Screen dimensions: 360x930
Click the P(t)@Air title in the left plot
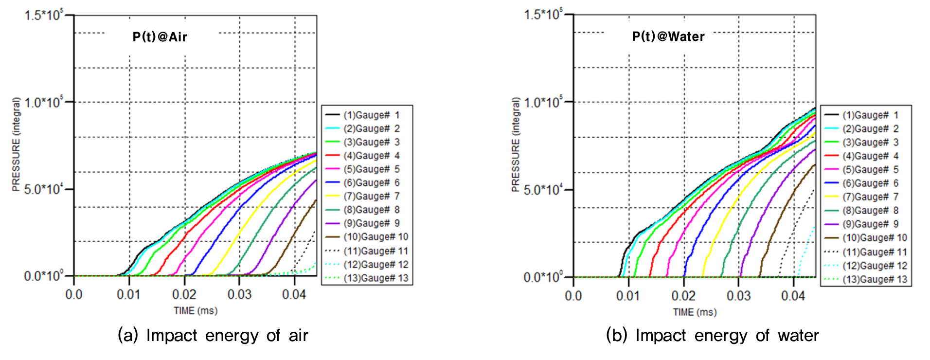tap(160, 37)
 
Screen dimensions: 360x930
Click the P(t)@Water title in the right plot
tap(668, 37)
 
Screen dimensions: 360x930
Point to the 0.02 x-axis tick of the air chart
tap(184, 295)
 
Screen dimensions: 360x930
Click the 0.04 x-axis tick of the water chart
tap(793, 296)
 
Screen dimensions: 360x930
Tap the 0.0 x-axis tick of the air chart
tap(74, 295)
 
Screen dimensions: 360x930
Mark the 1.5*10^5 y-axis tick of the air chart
tap(44, 16)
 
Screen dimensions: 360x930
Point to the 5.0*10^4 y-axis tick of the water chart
tap(543, 190)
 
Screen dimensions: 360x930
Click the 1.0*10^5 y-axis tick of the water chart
tap(543, 102)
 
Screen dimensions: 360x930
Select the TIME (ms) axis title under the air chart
tap(196, 311)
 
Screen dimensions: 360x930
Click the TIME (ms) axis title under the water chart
tap(695, 312)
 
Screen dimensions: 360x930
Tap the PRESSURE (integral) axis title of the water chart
tap(516, 144)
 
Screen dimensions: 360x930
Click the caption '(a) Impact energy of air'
tap(213, 336)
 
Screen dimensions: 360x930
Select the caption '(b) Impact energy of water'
tap(712, 336)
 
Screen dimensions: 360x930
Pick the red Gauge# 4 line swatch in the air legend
tap(332, 156)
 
